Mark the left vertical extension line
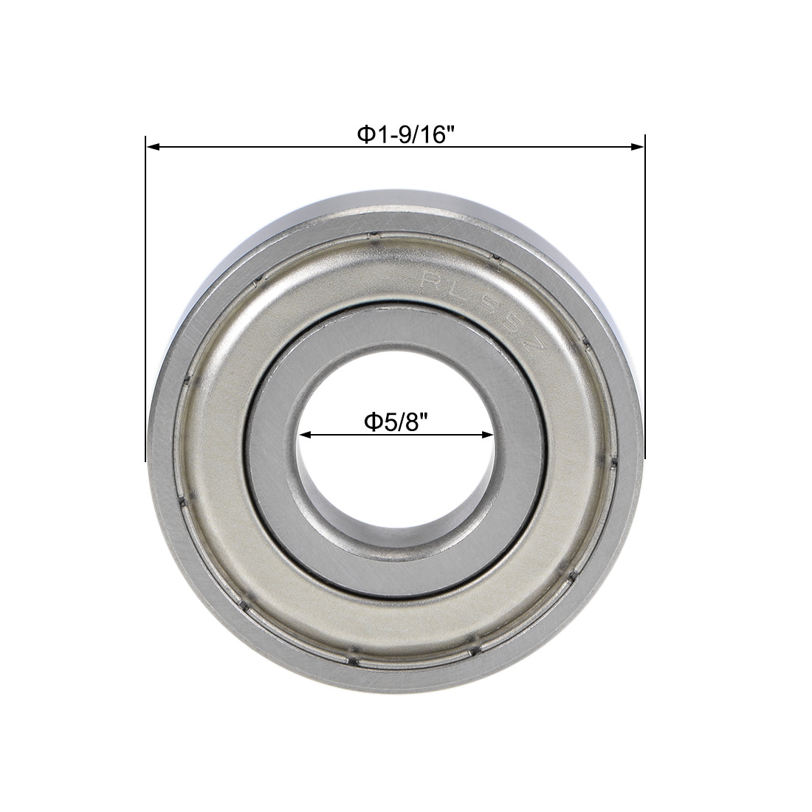(x=146, y=295)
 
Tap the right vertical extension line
(x=645, y=295)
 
